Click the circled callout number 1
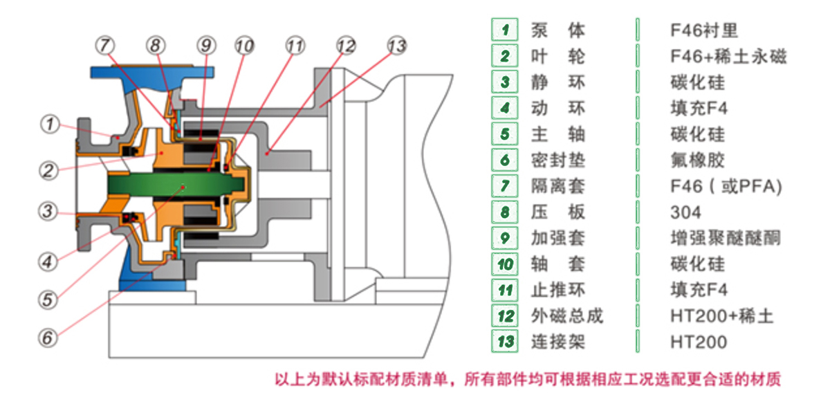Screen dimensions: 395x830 [x=48, y=125]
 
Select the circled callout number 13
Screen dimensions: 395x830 [x=396, y=46]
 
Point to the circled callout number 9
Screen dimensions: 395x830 [x=205, y=46]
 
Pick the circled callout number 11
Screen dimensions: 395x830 [x=295, y=46]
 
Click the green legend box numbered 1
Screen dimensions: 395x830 [x=506, y=30]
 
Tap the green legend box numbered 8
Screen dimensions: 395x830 [x=506, y=212]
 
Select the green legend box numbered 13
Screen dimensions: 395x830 [x=506, y=341]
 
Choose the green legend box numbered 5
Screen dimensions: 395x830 [x=506, y=134]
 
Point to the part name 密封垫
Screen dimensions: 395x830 [x=557, y=160]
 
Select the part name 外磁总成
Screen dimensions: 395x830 [x=566, y=315]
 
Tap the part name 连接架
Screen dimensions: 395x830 [x=557, y=341]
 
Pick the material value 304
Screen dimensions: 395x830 [x=685, y=212]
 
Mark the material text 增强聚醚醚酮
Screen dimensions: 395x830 [x=726, y=238]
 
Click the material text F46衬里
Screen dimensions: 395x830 [x=704, y=30]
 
